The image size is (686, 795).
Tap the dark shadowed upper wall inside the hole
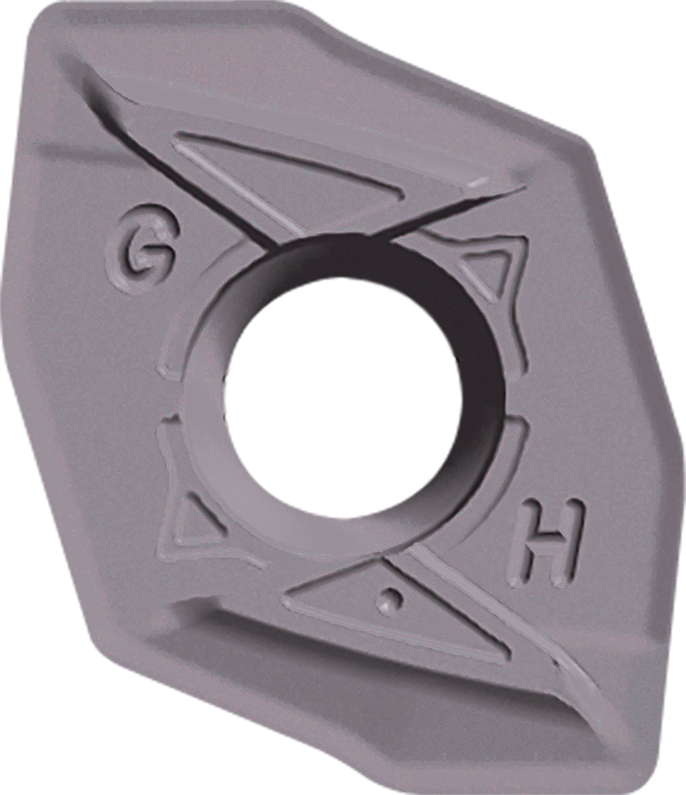point(350,262)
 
